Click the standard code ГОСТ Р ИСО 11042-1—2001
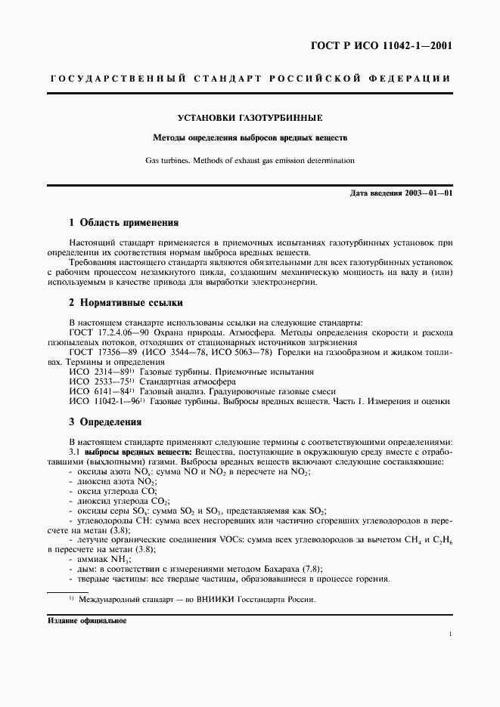393,45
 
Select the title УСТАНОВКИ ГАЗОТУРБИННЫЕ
250,119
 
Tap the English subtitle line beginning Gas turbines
250,160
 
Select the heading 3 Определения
104,421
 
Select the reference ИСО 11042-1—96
105,402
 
